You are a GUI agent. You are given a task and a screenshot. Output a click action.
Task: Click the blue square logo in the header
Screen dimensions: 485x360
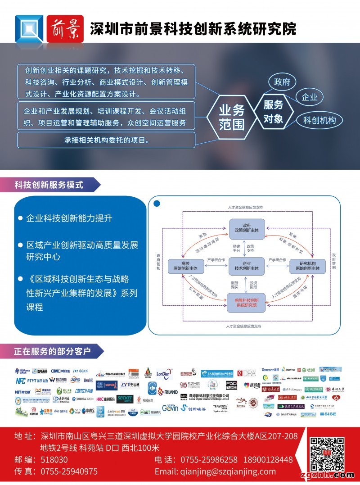tap(29, 28)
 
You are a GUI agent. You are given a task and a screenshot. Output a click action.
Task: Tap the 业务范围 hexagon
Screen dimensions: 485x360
tap(232, 117)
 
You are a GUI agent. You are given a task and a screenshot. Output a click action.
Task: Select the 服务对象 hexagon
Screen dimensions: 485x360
tap(273, 111)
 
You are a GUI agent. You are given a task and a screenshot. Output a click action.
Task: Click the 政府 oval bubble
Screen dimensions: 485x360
tap(282, 82)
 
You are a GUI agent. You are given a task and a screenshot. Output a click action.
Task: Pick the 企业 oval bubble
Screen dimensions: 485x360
tap(310, 97)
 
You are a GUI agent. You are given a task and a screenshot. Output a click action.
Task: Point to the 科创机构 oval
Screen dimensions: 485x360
tap(319, 120)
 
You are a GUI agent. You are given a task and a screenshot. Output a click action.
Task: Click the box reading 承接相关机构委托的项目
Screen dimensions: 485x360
tap(106, 140)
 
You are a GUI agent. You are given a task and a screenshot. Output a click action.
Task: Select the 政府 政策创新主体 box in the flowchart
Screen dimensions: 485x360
tap(247, 227)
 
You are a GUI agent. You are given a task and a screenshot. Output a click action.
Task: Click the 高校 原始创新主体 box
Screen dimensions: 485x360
tap(186, 266)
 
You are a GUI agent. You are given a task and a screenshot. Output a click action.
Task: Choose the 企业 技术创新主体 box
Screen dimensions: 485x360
tap(247, 266)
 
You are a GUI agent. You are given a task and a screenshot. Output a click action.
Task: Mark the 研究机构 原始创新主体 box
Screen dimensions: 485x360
tap(307, 266)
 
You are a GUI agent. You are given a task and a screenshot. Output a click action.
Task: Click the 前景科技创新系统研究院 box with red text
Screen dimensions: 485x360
tap(246, 303)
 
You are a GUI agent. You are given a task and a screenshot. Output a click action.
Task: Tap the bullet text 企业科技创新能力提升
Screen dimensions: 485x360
tap(69, 218)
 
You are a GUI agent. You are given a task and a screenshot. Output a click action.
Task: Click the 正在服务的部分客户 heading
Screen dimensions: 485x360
tap(53, 350)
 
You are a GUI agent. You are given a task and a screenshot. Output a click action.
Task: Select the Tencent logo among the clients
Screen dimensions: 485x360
tap(270, 370)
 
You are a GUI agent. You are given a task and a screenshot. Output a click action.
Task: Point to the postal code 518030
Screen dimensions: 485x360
tap(54, 460)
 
